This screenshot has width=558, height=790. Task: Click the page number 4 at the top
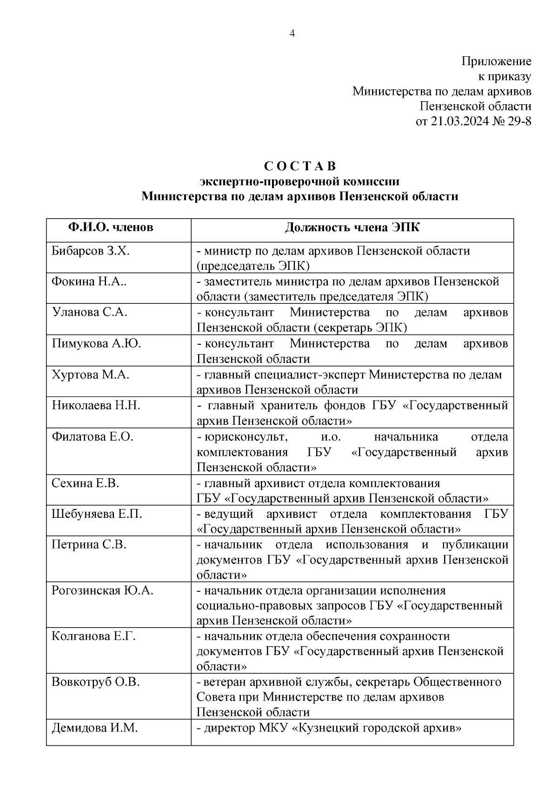pyautogui.click(x=292, y=33)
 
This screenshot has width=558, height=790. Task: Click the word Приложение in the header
pyautogui.click(x=496, y=61)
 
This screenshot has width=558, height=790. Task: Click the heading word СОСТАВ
pyautogui.click(x=300, y=166)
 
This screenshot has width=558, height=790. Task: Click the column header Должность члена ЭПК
pyautogui.click(x=352, y=228)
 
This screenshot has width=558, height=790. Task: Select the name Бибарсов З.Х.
pyautogui.click(x=91, y=251)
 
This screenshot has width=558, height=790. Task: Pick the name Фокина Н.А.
pyautogui.click(x=88, y=281)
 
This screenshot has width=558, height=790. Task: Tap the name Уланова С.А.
pyautogui.click(x=89, y=312)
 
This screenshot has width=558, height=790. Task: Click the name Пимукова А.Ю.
pyautogui.click(x=96, y=343)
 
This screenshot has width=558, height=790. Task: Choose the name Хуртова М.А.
pyautogui.click(x=90, y=375)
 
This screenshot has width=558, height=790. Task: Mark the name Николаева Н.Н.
pyautogui.click(x=96, y=405)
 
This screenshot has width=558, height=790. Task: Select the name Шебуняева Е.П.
pyautogui.click(x=97, y=514)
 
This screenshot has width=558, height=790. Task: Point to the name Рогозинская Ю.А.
pyautogui.click(x=102, y=590)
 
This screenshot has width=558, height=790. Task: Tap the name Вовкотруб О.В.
pyautogui.click(x=96, y=682)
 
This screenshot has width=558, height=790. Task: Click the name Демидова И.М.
pyautogui.click(x=94, y=728)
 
